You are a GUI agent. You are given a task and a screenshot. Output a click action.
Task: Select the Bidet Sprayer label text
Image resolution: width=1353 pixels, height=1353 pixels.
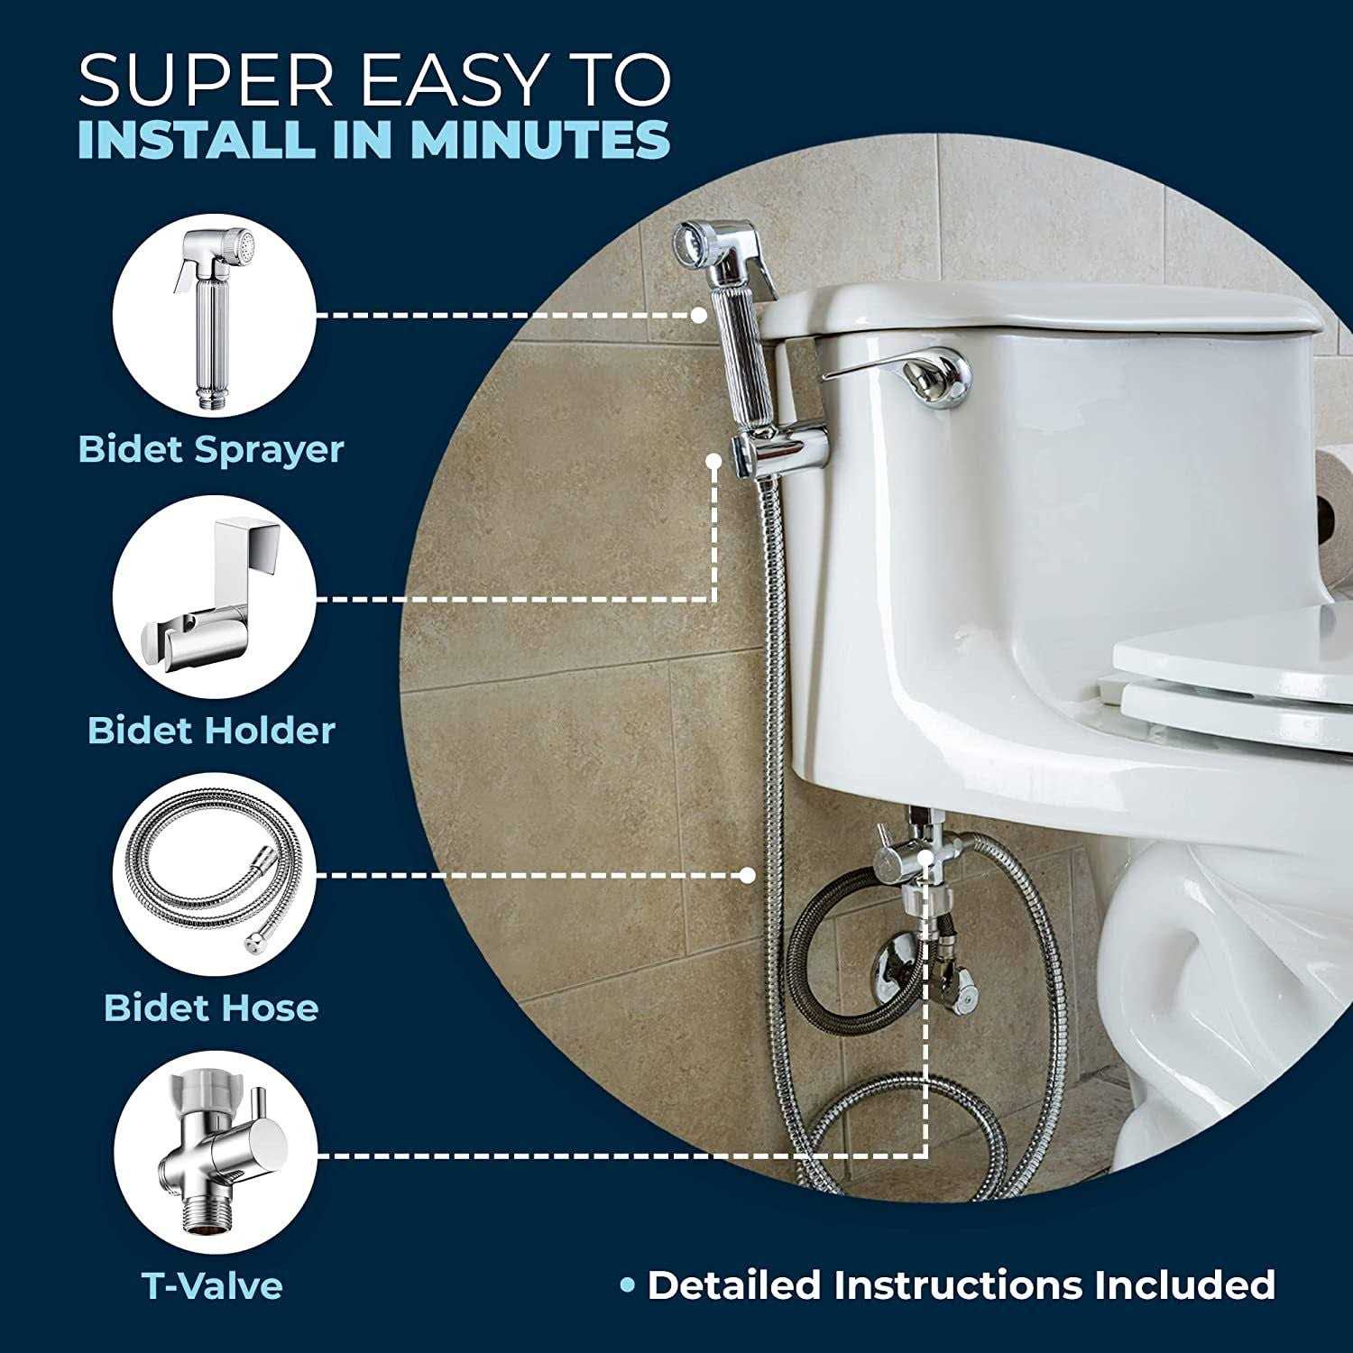tap(212, 448)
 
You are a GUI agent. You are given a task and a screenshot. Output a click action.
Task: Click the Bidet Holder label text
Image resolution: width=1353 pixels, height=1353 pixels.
tap(211, 730)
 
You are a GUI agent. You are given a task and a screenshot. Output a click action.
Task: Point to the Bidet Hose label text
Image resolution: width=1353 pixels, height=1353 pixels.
tap(211, 1008)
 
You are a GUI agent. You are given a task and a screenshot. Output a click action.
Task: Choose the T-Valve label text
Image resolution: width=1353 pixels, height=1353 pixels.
tap(212, 1285)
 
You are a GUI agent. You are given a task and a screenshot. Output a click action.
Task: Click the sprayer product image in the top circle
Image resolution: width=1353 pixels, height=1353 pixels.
tap(213, 315)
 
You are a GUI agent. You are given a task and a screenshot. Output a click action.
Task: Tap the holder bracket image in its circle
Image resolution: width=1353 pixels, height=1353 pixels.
tap(213, 598)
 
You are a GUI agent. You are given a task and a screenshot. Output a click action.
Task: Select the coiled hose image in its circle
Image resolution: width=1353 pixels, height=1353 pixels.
tap(213, 875)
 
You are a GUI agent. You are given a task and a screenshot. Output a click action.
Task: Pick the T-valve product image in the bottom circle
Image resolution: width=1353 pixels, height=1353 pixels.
tap(213, 1155)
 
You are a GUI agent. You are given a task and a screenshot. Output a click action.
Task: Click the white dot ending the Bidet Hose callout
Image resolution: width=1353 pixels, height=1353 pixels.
tap(747, 875)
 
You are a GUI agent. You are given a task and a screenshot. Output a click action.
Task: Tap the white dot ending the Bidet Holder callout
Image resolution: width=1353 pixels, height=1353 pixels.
tap(713, 459)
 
